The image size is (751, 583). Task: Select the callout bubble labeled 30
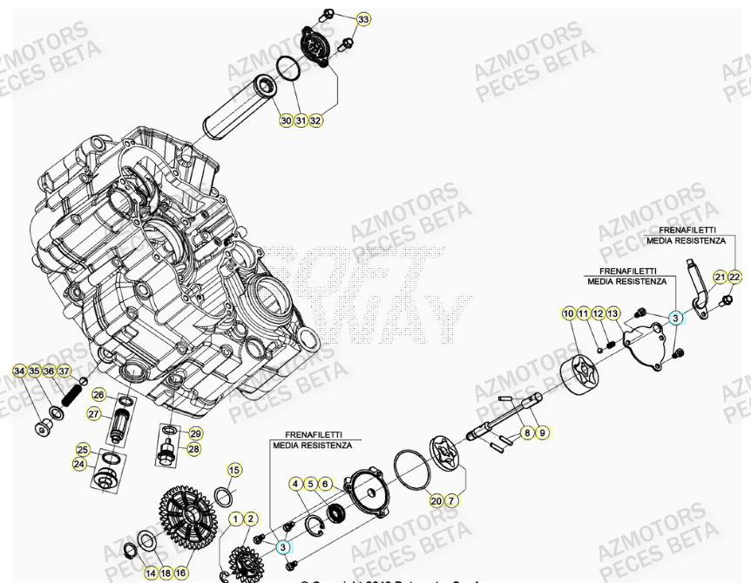286,121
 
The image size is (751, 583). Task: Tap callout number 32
315,121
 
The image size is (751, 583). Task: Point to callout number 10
568,313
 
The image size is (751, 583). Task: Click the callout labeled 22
734,277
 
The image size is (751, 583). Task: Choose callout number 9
542,432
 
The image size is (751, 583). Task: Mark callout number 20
436,500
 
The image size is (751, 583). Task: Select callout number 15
233,471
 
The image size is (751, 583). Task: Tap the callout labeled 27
94,415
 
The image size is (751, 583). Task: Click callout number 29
195,433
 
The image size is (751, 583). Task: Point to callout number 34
19,372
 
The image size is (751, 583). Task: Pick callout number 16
180,573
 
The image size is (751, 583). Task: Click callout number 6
325,484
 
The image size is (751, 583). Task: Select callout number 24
79,465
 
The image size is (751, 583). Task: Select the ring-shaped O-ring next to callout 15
222,497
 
